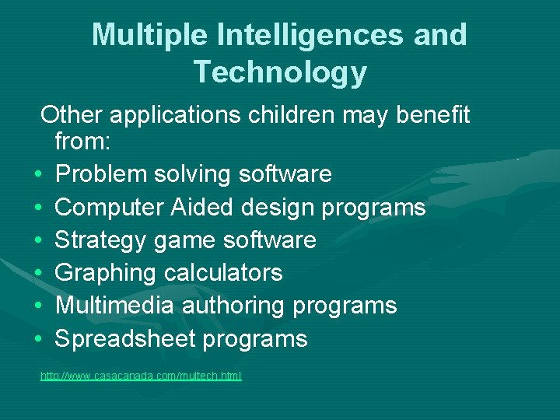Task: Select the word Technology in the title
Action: coord(280,72)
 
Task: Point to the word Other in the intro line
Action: coord(72,115)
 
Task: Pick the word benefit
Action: coord(433,115)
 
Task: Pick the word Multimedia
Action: coord(115,306)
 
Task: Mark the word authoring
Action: coord(233,306)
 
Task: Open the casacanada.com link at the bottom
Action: coord(141,376)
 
